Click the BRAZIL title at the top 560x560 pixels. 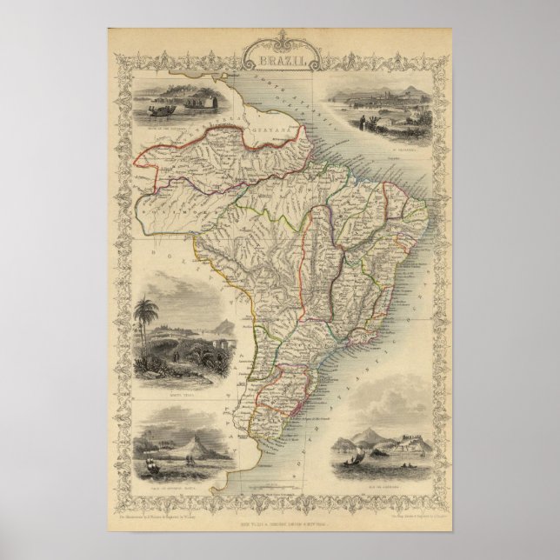coord(279,62)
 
